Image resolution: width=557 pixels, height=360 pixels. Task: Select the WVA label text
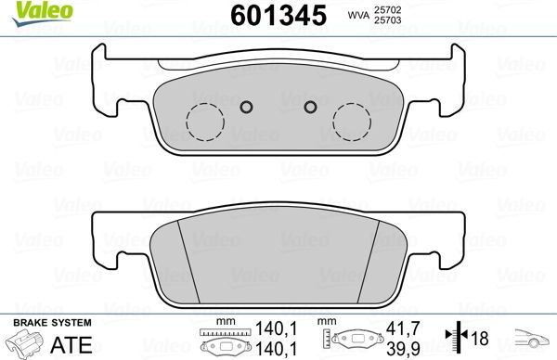(356, 16)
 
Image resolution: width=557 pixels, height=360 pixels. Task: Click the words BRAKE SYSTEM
(50, 322)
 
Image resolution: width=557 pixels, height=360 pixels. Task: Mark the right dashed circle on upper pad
(351, 120)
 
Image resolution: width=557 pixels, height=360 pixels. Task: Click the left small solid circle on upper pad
(246, 106)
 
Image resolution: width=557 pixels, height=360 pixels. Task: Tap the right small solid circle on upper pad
(309, 106)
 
